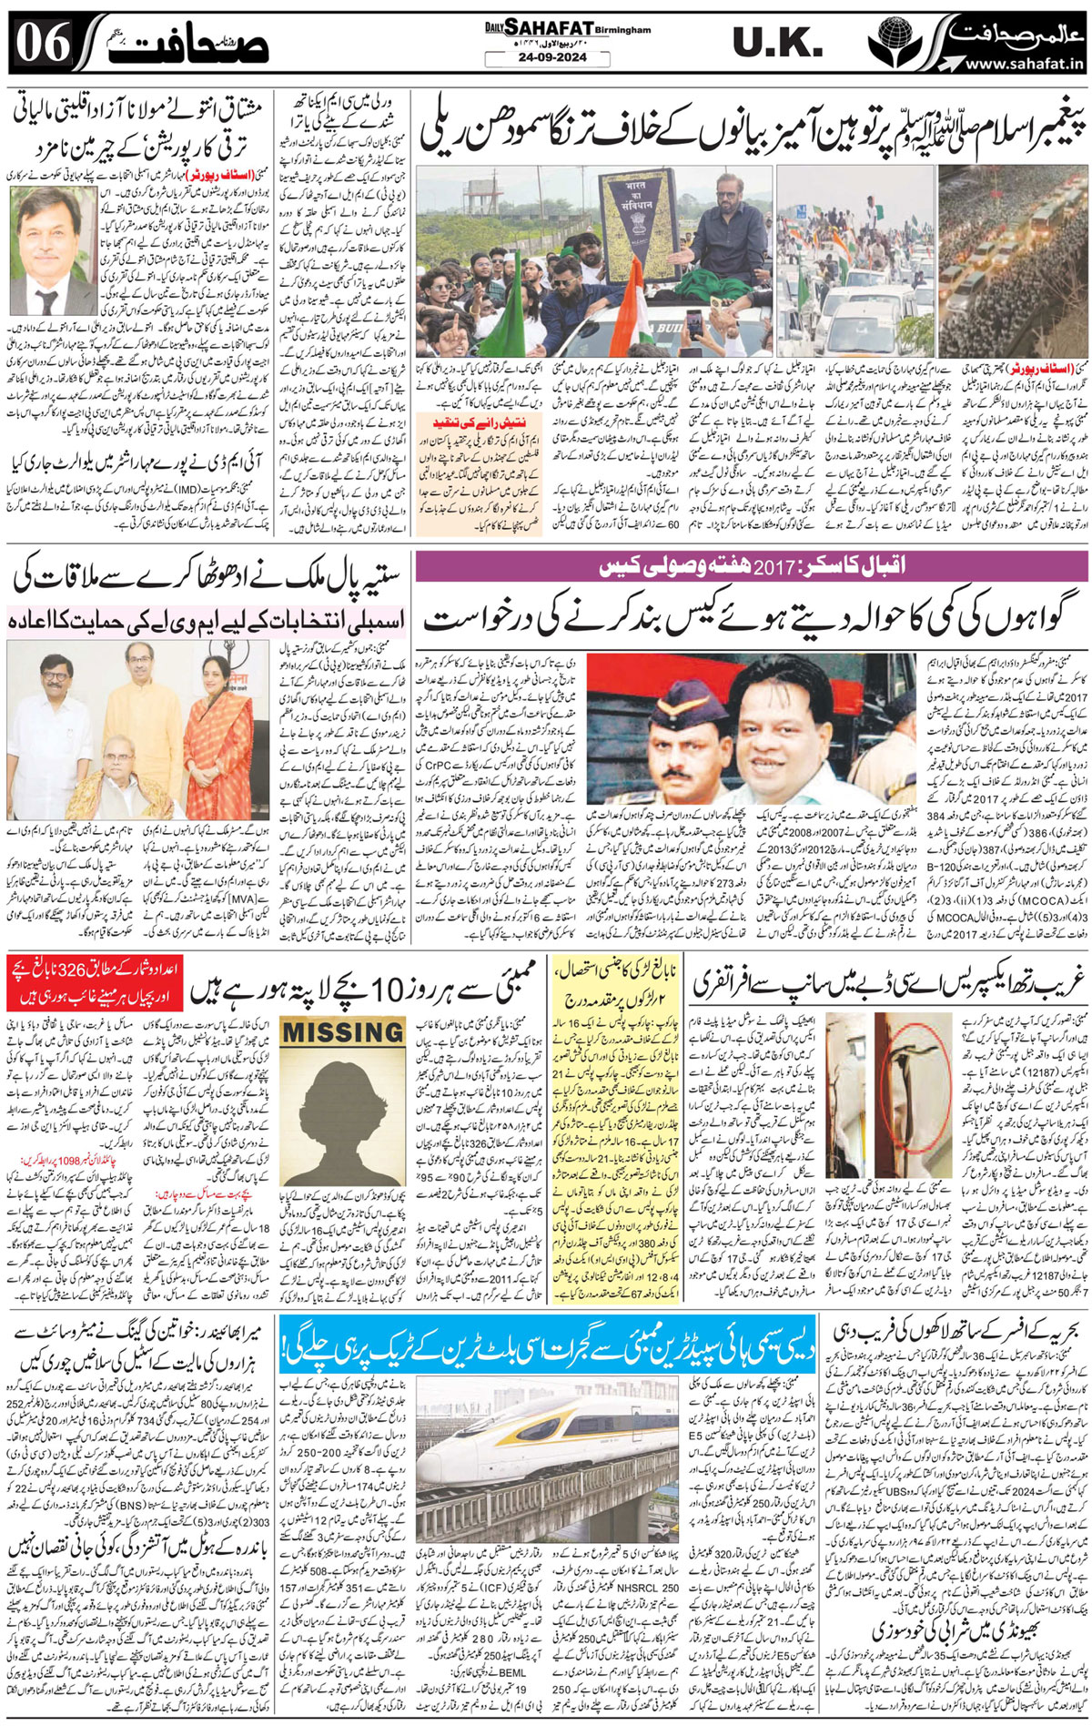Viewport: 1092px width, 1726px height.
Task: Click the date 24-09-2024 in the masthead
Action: click(x=533, y=57)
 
